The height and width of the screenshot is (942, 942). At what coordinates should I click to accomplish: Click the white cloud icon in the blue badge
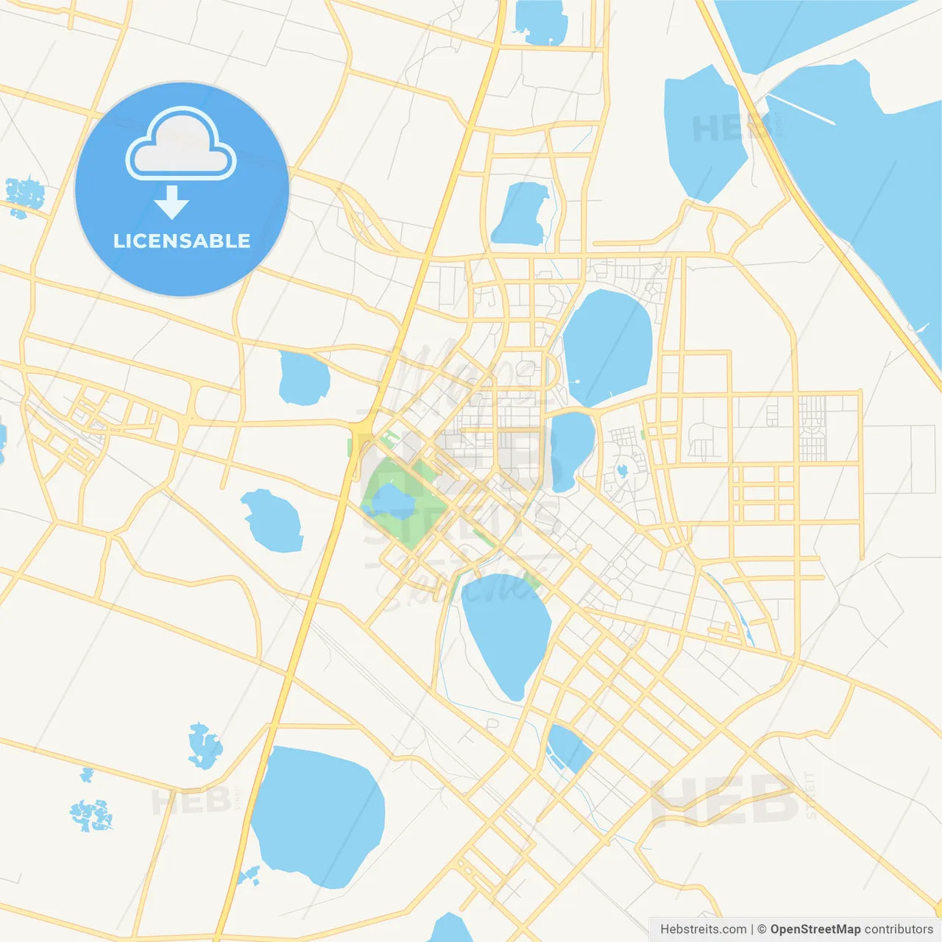(181, 144)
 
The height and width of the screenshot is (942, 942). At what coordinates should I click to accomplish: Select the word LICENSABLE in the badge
(182, 241)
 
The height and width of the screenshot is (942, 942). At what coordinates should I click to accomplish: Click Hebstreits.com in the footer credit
(703, 929)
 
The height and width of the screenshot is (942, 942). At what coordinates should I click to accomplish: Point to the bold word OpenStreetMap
(815, 929)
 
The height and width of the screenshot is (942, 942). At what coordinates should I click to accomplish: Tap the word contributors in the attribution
(899, 929)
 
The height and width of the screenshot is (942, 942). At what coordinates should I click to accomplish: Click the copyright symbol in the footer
(762, 929)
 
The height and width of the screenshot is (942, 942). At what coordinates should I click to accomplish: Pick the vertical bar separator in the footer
(752, 929)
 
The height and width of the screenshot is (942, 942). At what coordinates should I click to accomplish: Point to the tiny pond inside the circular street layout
(623, 470)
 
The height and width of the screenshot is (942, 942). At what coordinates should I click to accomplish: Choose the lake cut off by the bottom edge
(450, 929)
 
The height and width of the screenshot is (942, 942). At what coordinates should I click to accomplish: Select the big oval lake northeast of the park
(608, 346)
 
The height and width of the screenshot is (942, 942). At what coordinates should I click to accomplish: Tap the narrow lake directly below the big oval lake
(572, 450)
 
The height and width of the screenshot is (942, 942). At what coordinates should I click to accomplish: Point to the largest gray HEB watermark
(725, 798)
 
